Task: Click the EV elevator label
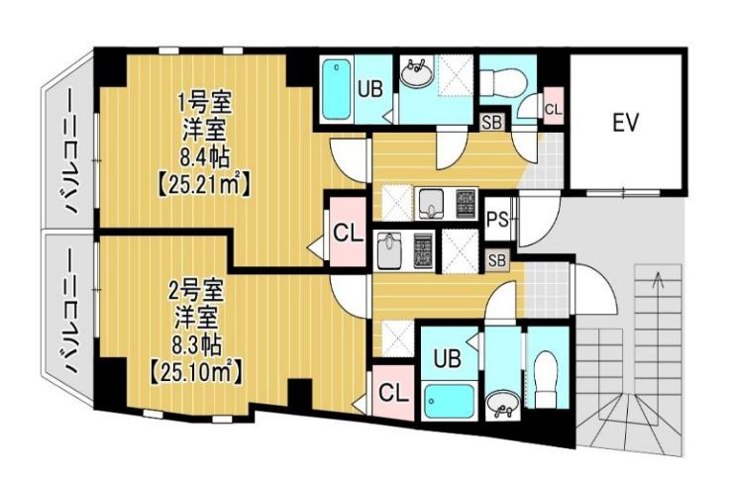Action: click(x=624, y=124)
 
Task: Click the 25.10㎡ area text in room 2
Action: click(x=195, y=372)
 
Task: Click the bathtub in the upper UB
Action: click(x=338, y=89)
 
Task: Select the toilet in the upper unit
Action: click(x=507, y=81)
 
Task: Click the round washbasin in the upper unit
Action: click(x=416, y=72)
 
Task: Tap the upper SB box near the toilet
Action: click(x=490, y=123)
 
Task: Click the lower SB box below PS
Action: click(x=497, y=260)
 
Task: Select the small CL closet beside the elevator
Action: click(x=553, y=110)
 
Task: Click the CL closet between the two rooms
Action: click(x=346, y=234)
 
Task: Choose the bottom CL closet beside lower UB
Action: click(x=393, y=392)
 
